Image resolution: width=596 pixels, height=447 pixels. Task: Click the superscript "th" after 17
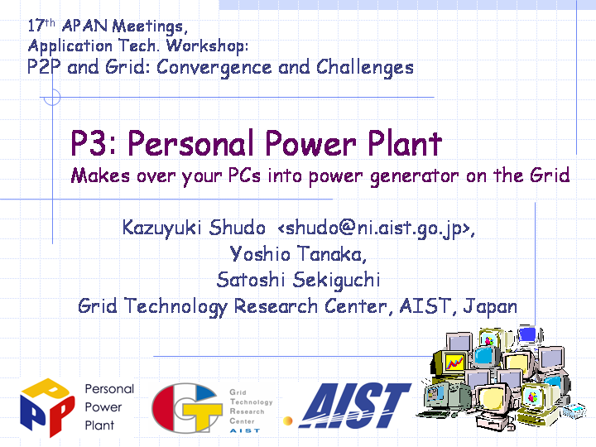[x=50, y=23]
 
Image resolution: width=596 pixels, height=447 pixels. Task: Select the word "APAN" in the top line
[x=84, y=26]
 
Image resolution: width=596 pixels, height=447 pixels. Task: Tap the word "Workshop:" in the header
[x=208, y=46]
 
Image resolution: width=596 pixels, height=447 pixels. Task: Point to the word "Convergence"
[x=214, y=68]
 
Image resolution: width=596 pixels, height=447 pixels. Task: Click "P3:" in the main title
[x=94, y=143]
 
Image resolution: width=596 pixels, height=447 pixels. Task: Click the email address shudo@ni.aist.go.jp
[x=373, y=228]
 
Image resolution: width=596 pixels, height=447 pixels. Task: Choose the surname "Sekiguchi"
[x=336, y=280]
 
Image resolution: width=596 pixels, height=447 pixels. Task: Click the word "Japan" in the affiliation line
[x=490, y=307]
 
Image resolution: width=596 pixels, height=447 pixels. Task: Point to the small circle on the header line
[x=52, y=98]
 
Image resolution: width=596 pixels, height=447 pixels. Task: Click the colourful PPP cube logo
[x=47, y=407]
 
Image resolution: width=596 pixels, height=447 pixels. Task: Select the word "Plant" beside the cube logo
[x=99, y=425]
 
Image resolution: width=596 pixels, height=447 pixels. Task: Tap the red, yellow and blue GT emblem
[x=187, y=408]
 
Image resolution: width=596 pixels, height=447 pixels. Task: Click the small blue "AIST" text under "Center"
[x=245, y=430]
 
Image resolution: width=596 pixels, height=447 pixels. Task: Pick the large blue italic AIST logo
[x=354, y=405]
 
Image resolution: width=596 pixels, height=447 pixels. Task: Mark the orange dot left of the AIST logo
[x=288, y=421]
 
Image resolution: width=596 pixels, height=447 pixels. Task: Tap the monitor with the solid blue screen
[x=527, y=334]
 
